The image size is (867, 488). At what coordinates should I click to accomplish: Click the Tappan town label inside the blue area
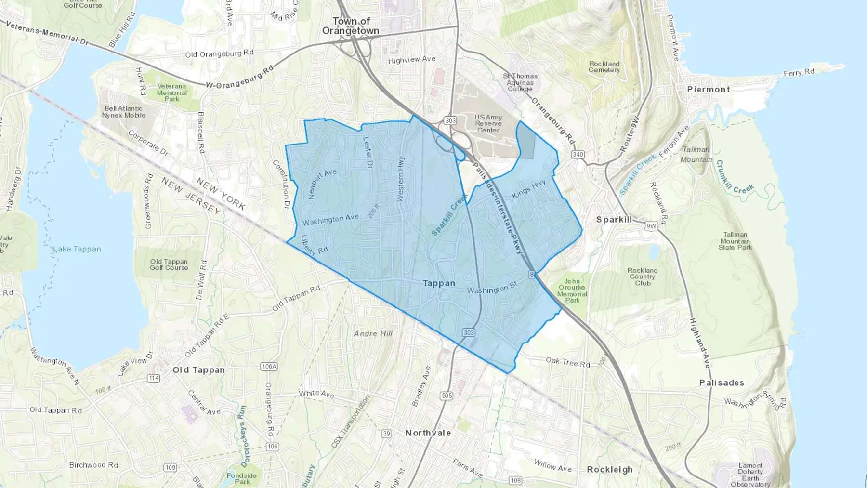pos(439,283)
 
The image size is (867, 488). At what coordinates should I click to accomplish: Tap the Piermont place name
pos(709,90)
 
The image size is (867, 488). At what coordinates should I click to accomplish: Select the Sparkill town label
pos(614,220)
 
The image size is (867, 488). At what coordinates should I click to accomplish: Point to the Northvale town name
pos(428,433)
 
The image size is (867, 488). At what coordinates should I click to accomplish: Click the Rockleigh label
pos(610,470)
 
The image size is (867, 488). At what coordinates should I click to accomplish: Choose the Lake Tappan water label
pos(77,249)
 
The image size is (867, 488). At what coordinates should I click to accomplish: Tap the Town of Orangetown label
pos(351,26)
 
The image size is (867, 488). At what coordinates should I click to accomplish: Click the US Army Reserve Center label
pos(488,124)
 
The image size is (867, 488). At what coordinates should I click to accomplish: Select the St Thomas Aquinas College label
pos(520,82)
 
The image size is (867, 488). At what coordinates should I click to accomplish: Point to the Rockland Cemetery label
pos(604,67)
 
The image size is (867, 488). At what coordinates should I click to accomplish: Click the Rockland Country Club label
pos(643,277)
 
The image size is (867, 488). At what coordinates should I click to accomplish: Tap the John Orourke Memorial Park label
pos(572,290)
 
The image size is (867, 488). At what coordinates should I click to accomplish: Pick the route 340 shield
pos(578,155)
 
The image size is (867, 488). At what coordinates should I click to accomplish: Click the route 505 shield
pos(447,396)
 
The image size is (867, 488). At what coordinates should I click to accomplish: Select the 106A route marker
pos(269,367)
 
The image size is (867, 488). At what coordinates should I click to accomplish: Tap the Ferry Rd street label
pos(799,73)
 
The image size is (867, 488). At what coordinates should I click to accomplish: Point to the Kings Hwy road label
pos(529,189)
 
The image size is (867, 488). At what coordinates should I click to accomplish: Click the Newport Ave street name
pos(322,184)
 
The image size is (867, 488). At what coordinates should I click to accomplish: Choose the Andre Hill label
pos(373,333)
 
